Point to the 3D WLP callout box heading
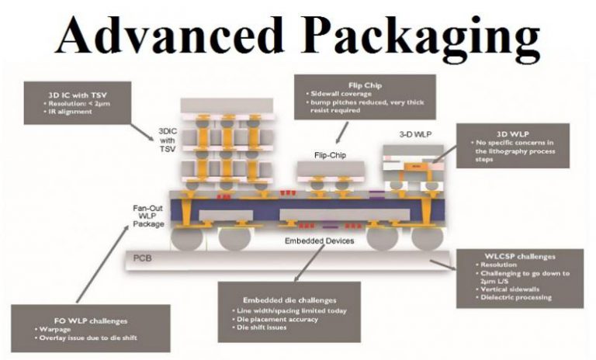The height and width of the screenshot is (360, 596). [x=512, y=133]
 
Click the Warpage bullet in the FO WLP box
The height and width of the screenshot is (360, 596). [x=54, y=330]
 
